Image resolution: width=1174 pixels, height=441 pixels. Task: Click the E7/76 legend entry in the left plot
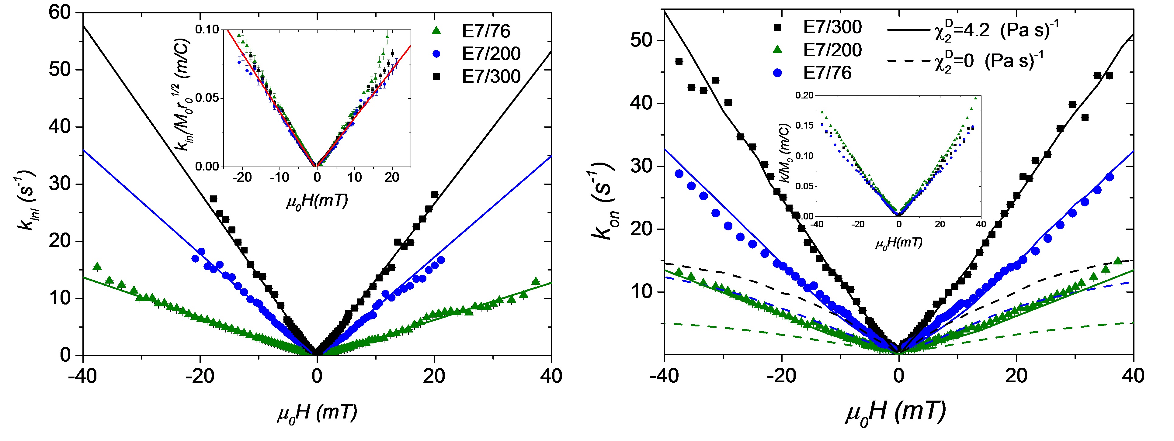click(486, 31)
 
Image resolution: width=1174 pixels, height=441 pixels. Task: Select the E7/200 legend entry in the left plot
click(491, 54)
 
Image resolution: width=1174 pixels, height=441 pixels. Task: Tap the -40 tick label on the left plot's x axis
click(82, 376)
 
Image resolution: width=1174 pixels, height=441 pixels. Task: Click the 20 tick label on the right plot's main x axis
click(1016, 376)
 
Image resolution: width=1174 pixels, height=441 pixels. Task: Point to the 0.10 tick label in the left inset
click(207, 29)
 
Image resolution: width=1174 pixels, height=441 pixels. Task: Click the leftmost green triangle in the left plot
click(97, 266)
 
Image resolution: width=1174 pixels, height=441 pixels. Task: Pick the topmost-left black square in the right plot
click(679, 61)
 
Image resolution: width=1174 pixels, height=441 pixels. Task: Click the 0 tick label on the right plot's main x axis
click(899, 376)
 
